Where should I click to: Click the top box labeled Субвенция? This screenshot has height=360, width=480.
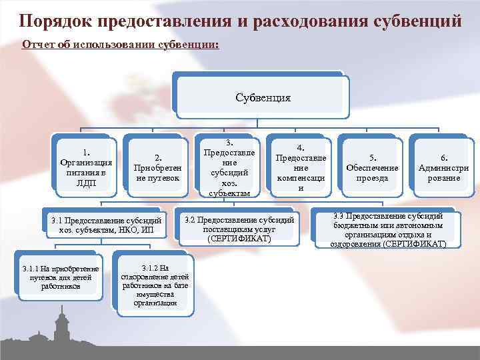[x=263, y=97]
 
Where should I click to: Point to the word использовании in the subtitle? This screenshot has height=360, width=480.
[x=113, y=45]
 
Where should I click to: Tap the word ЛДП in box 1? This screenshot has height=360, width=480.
[x=86, y=181]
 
